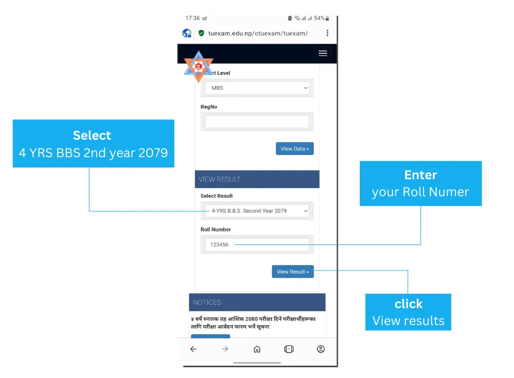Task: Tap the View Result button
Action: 292,272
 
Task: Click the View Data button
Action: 295,149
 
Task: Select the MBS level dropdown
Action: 257,88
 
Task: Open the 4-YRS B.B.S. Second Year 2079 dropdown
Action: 257,211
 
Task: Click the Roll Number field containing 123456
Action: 257,244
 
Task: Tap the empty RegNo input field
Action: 257,122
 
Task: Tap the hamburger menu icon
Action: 323,53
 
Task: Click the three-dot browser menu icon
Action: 327,33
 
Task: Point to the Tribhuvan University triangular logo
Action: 198,66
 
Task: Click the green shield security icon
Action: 201,33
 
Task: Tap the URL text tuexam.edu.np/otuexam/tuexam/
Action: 258,33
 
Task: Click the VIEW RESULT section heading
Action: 220,179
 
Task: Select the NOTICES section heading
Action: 207,303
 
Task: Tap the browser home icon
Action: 257,349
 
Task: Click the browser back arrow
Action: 193,349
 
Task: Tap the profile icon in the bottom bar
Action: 321,349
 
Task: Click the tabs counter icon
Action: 289,349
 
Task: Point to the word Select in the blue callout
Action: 92,136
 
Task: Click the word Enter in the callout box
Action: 420,175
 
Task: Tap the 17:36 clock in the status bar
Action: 193,18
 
